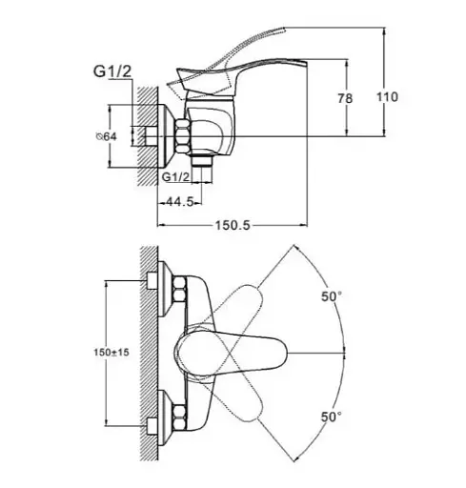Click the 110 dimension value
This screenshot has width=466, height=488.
click(387, 97)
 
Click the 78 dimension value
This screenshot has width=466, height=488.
click(345, 98)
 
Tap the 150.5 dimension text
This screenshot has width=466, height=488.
click(233, 225)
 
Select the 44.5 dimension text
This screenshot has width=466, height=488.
click(180, 201)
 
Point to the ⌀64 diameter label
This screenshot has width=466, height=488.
click(107, 136)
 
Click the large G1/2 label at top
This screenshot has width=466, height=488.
click(112, 71)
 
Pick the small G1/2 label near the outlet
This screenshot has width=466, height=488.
click(176, 176)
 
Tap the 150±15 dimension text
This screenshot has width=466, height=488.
click(111, 352)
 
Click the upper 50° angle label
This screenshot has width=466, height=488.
click(332, 296)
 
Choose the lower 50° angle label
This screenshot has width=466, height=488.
click(332, 417)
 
